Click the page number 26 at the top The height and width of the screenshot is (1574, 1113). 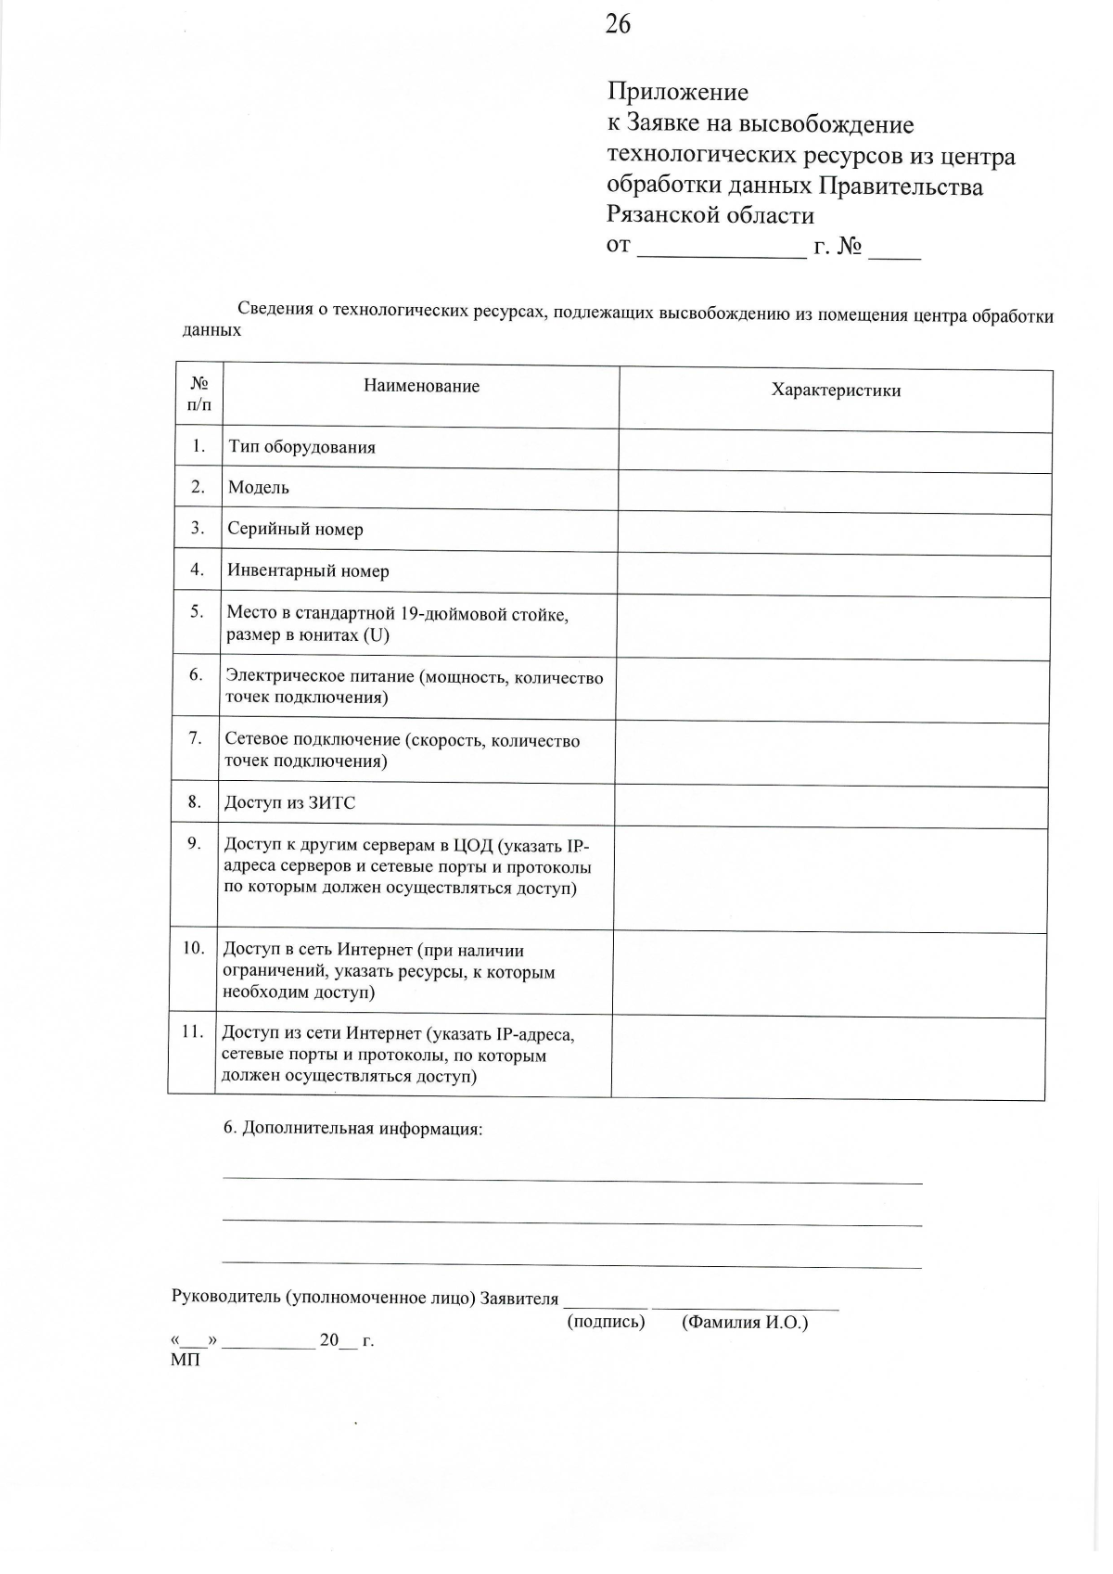618,25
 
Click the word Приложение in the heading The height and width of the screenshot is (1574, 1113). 678,92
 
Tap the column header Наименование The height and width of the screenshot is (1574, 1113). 421,387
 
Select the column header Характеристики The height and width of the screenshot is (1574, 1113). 836,390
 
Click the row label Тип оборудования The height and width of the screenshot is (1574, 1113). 302,447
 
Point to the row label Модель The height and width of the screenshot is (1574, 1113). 259,488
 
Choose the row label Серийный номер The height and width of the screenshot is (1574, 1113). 295,530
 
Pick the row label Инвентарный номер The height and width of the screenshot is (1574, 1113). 308,571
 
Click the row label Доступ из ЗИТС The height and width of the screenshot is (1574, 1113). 289,803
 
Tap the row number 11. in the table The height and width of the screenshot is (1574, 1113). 192,1031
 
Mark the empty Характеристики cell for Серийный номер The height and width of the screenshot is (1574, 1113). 834,534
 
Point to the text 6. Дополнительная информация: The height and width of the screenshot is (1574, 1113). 353,1129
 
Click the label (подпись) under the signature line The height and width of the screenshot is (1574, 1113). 606,1322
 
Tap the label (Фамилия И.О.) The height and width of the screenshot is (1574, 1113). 745,1323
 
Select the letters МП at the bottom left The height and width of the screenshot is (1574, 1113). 185,1361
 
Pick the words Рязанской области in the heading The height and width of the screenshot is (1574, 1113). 710,216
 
